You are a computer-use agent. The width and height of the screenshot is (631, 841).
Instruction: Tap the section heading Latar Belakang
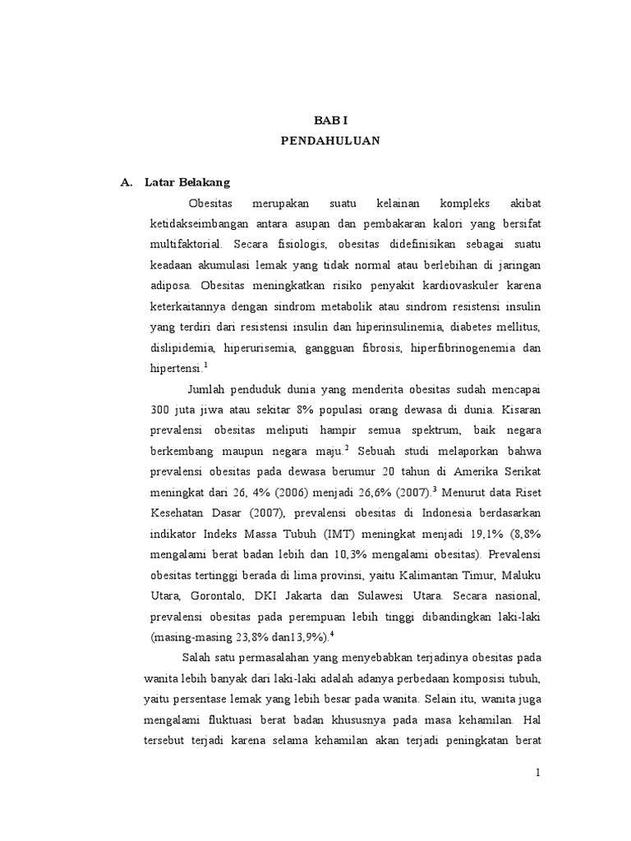(187, 182)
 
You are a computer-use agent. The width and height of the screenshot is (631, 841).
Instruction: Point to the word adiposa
(170, 287)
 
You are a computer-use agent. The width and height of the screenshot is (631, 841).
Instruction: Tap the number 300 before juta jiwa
(161, 409)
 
